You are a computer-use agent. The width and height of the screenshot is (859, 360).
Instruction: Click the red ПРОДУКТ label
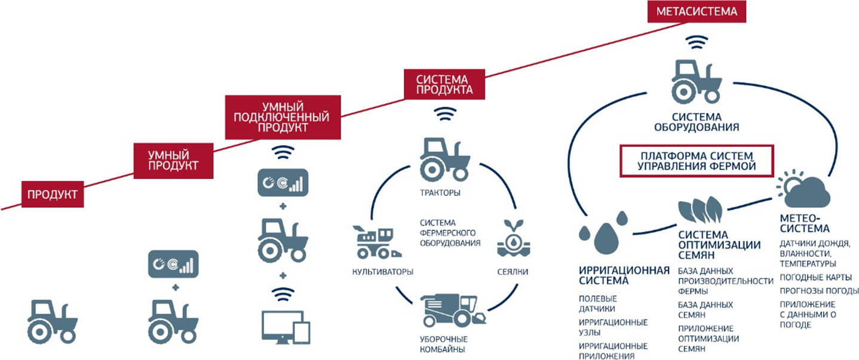(x=53, y=194)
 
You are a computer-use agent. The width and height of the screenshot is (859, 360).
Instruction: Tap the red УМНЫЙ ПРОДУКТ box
(x=173, y=159)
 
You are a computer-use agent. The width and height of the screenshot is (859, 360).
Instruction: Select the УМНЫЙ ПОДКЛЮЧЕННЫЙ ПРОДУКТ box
(x=279, y=115)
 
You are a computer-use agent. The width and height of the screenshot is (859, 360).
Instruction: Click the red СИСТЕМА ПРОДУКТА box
(x=443, y=84)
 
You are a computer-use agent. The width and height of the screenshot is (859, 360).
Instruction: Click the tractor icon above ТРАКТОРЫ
(x=444, y=159)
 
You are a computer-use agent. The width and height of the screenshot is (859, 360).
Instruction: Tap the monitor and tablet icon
(x=286, y=325)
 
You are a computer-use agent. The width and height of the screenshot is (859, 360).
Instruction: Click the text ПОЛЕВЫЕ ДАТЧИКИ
(x=597, y=303)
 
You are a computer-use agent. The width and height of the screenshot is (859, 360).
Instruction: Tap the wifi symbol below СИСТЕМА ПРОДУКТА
(x=443, y=113)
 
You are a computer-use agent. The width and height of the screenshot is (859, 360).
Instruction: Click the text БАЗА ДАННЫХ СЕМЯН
(x=702, y=309)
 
